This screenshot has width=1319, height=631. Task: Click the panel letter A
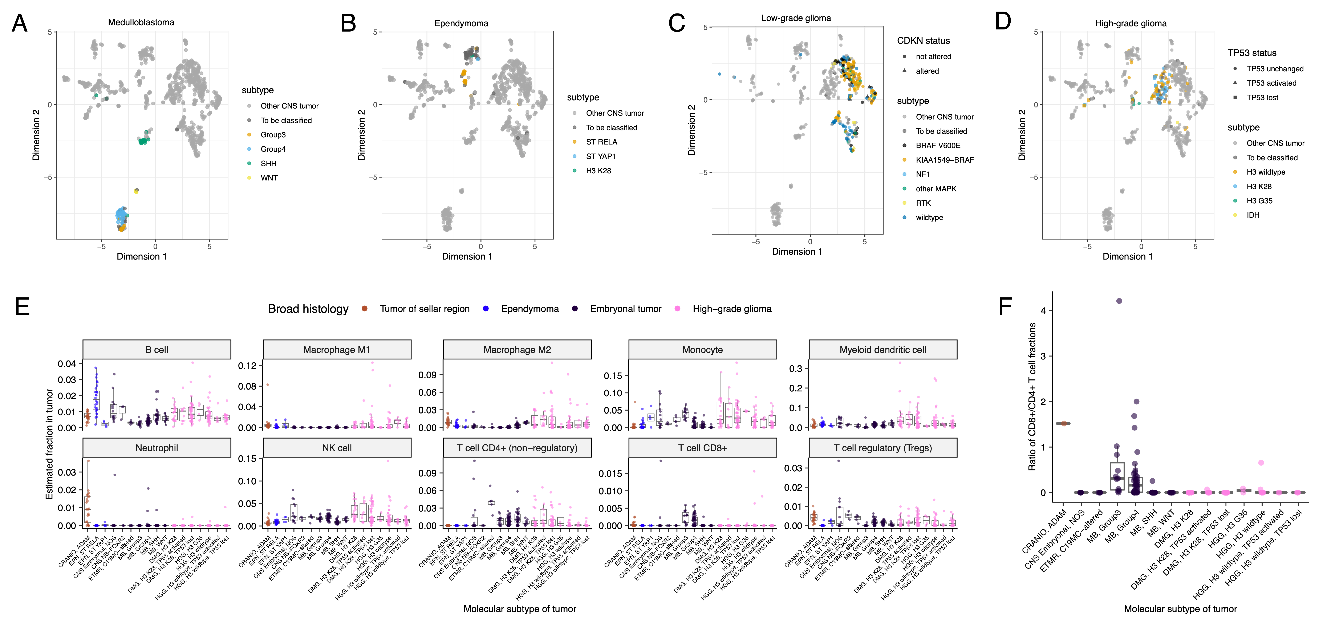(19, 24)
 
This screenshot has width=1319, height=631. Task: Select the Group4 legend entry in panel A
(273, 149)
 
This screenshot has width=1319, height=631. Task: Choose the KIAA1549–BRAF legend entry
(944, 160)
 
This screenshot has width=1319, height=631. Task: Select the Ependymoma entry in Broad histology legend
(529, 309)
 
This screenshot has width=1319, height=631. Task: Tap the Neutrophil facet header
(157, 448)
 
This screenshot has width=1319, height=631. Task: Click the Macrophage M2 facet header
(517, 350)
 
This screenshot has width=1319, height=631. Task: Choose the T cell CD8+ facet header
(702, 448)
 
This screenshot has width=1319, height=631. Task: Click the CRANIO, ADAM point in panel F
(1064, 423)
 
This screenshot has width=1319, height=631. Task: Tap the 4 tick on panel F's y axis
(1043, 311)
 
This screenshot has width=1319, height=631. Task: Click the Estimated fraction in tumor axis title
(50, 444)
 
